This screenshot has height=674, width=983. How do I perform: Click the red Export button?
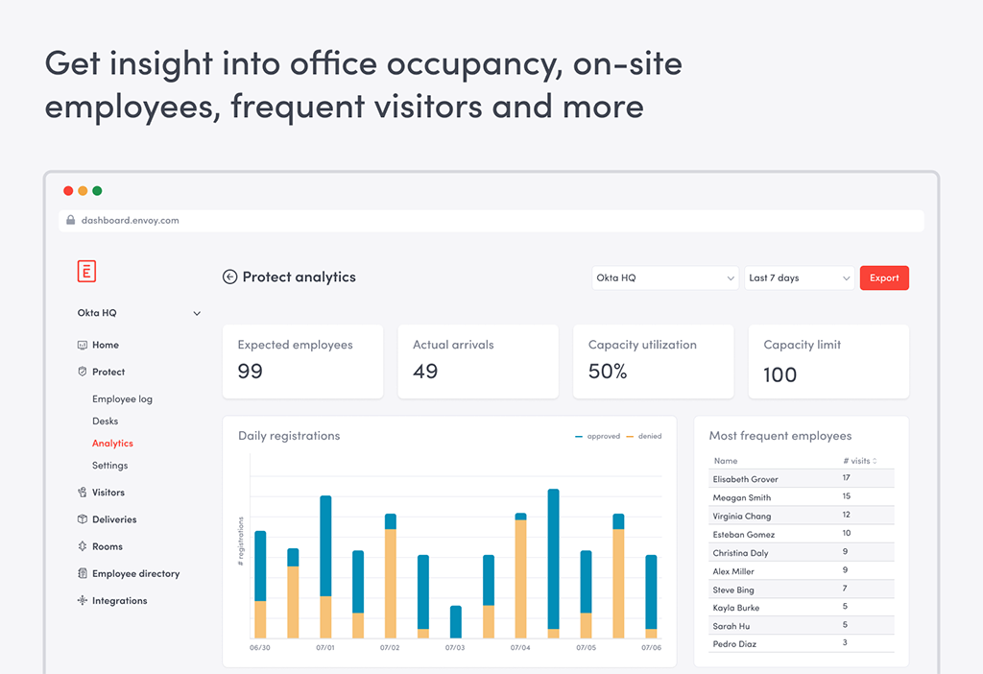884,277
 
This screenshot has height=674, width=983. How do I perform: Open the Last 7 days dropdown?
800,277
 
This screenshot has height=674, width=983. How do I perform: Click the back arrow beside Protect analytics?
230,277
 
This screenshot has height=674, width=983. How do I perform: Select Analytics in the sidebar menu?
113,444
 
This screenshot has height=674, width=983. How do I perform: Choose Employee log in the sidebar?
122,398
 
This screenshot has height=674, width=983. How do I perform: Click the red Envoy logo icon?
86,271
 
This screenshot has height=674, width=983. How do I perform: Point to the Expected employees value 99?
251,372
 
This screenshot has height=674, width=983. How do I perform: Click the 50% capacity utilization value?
608,372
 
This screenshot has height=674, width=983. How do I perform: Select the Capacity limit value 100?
779,375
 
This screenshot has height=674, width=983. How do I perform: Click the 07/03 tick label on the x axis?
455,648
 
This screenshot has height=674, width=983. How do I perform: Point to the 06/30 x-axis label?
259,648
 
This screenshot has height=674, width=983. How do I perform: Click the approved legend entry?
597,437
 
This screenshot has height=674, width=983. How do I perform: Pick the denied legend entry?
644,437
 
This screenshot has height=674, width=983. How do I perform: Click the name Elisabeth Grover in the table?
745,479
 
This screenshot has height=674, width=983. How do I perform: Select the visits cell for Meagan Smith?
847,496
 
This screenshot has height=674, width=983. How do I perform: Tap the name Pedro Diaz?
734,644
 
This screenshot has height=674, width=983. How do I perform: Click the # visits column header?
860,461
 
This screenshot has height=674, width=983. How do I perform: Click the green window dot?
97,191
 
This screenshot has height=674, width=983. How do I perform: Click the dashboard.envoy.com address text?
131,221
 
